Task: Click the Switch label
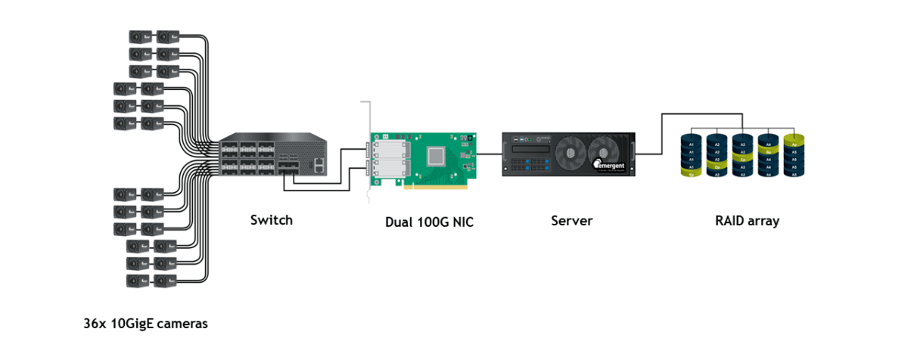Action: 271,220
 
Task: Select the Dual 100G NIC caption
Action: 429,222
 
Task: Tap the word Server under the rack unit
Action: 571,221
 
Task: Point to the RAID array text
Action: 747,221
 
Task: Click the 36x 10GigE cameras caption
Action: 145,324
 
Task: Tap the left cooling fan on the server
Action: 571,149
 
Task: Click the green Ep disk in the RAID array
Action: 689,174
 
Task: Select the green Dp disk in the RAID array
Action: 716,166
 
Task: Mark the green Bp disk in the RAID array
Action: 769,151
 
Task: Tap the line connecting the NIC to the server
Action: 490,154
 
